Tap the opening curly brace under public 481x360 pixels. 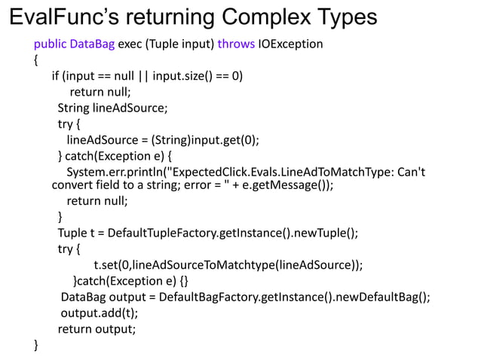36,59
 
